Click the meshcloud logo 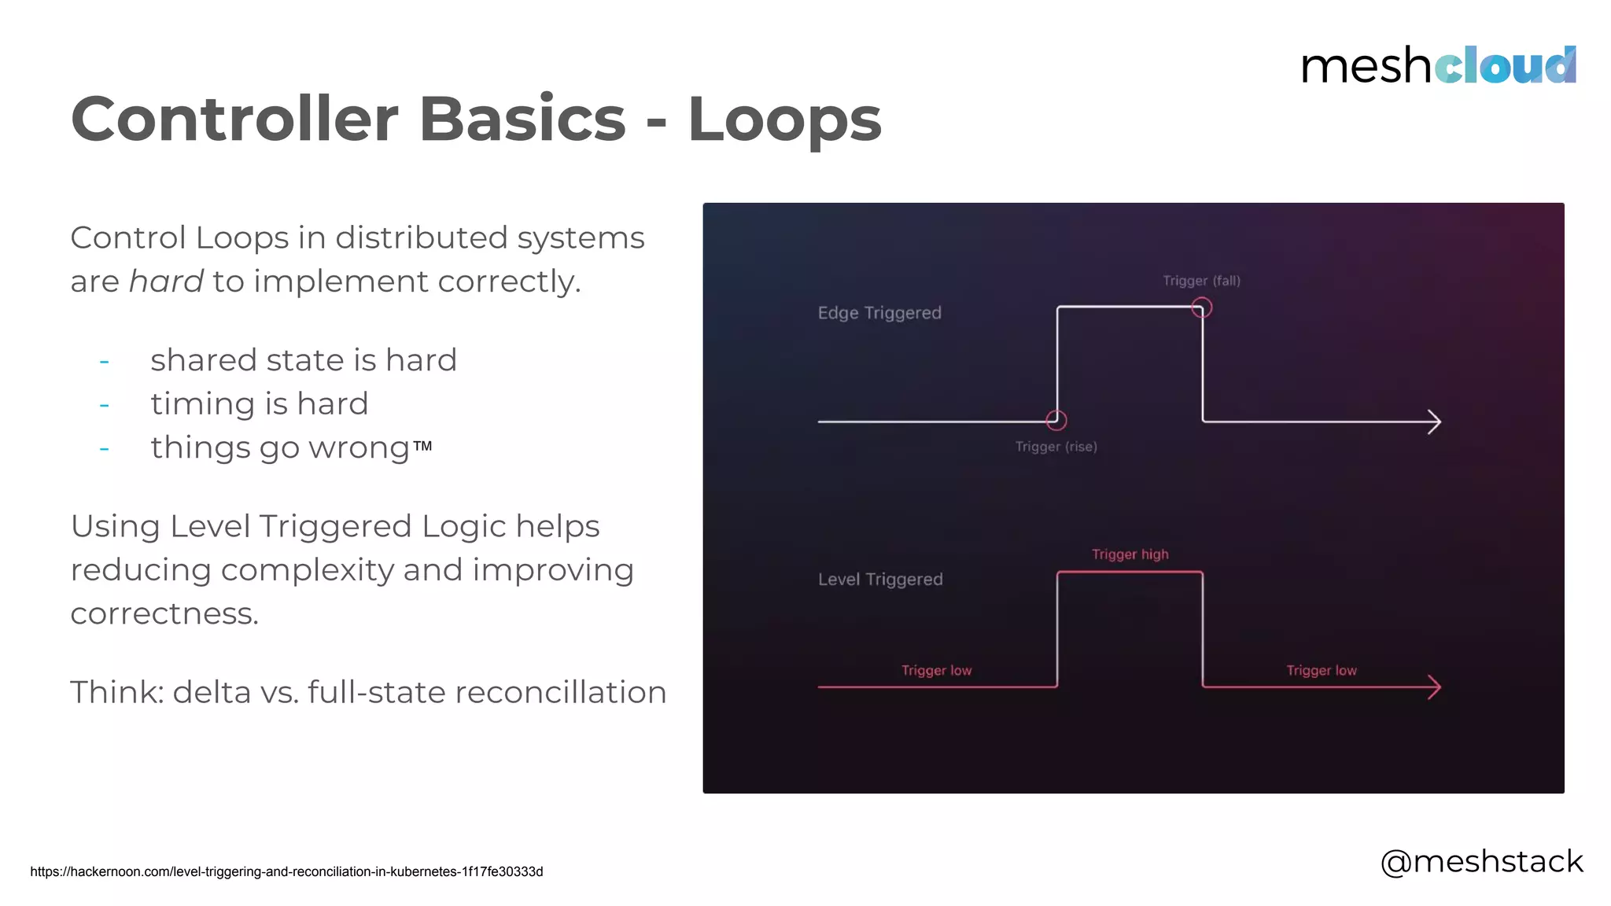pyautogui.click(x=1438, y=65)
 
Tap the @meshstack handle pyautogui.click(x=1481, y=862)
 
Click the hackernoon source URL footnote pyautogui.click(x=286, y=871)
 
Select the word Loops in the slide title pyautogui.click(x=784, y=120)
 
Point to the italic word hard pyautogui.click(x=166, y=282)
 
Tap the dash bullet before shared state pyautogui.click(x=104, y=363)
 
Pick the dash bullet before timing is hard pyautogui.click(x=104, y=406)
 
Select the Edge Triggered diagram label pyautogui.click(x=879, y=313)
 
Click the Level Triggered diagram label pyautogui.click(x=880, y=580)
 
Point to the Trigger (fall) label pyautogui.click(x=1201, y=281)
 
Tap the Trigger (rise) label pyautogui.click(x=1056, y=447)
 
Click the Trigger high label pyautogui.click(x=1130, y=554)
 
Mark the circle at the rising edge pyautogui.click(x=1056, y=421)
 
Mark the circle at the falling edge pyautogui.click(x=1201, y=308)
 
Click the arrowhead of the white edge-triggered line pyautogui.click(x=1435, y=422)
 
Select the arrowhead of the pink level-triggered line pyautogui.click(x=1435, y=687)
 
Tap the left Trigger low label pyautogui.click(x=936, y=671)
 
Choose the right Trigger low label pyautogui.click(x=1321, y=671)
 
